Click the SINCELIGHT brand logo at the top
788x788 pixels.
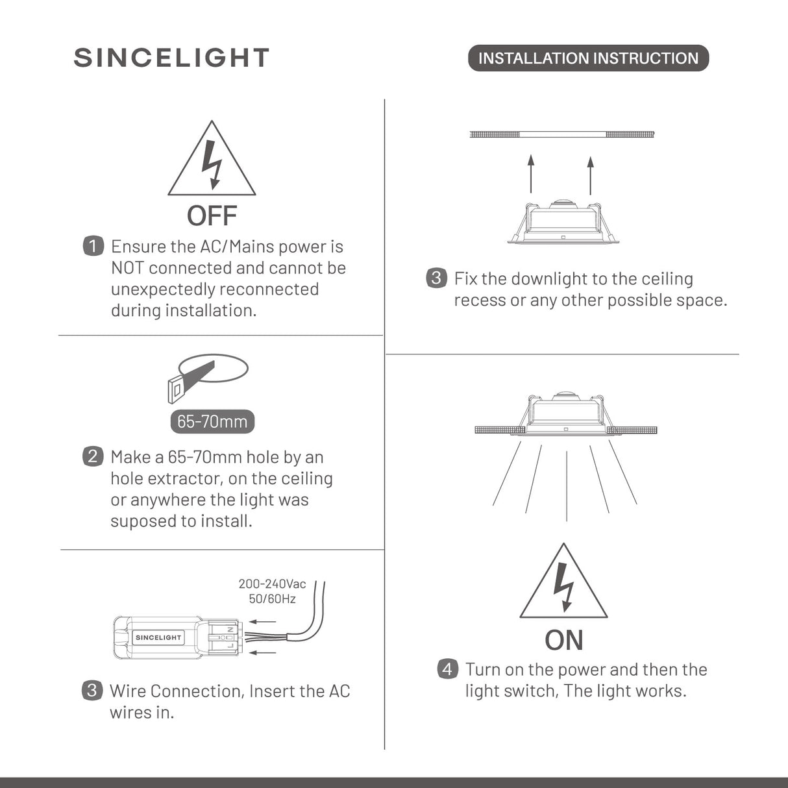coord(171,58)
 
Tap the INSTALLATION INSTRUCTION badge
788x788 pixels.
coord(588,58)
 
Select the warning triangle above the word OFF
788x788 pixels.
coord(212,162)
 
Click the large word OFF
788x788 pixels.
coord(212,216)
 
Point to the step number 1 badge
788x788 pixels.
coord(93,246)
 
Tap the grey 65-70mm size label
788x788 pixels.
coord(212,422)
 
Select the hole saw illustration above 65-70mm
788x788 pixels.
coord(207,378)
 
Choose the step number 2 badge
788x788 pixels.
coord(93,456)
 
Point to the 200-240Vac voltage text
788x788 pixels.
coord(272,584)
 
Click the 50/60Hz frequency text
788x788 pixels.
coord(272,598)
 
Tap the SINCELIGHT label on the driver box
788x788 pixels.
coord(158,637)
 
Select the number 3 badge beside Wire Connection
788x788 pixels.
coord(92,690)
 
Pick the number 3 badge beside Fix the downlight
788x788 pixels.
coord(436,278)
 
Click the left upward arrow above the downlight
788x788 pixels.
coord(531,174)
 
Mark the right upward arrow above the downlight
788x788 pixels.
coord(590,174)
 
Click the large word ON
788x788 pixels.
coord(563,640)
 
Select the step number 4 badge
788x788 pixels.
coord(447,669)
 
